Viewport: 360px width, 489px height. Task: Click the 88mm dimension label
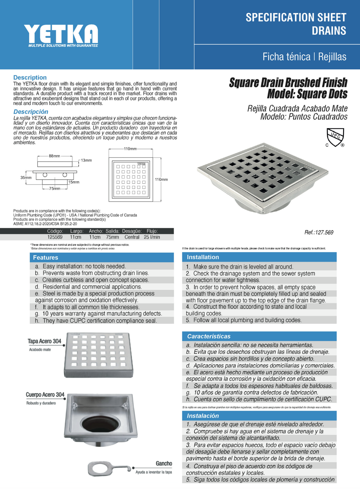54,156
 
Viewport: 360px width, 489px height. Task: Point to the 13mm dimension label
86,160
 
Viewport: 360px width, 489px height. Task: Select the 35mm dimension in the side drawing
26,177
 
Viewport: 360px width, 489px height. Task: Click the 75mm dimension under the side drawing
55,188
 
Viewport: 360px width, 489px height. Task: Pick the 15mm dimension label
74,182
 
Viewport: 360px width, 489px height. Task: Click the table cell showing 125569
55,237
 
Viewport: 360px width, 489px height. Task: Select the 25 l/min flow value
152,237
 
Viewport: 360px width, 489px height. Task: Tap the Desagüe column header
132,231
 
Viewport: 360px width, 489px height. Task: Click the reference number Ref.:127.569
319,232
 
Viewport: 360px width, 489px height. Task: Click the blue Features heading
46,257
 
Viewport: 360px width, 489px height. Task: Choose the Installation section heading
203,257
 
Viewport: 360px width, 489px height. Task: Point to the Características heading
208,336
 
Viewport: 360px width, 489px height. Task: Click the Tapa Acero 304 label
44,341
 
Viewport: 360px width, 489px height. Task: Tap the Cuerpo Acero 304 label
45,395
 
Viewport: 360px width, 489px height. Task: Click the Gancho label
164,463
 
